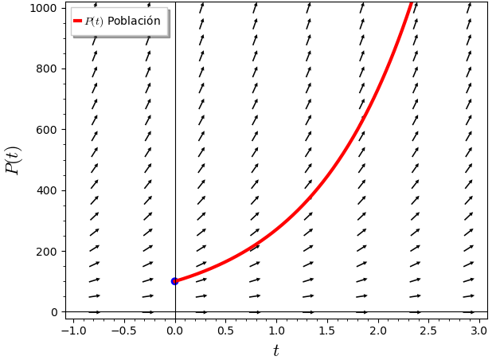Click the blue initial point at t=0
[x=174, y=281]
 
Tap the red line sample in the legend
[x=77, y=21]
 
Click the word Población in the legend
[x=134, y=22]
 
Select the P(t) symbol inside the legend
[x=94, y=22]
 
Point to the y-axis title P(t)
[x=14, y=160]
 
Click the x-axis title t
[x=276, y=351]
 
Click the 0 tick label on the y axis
[x=54, y=312]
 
